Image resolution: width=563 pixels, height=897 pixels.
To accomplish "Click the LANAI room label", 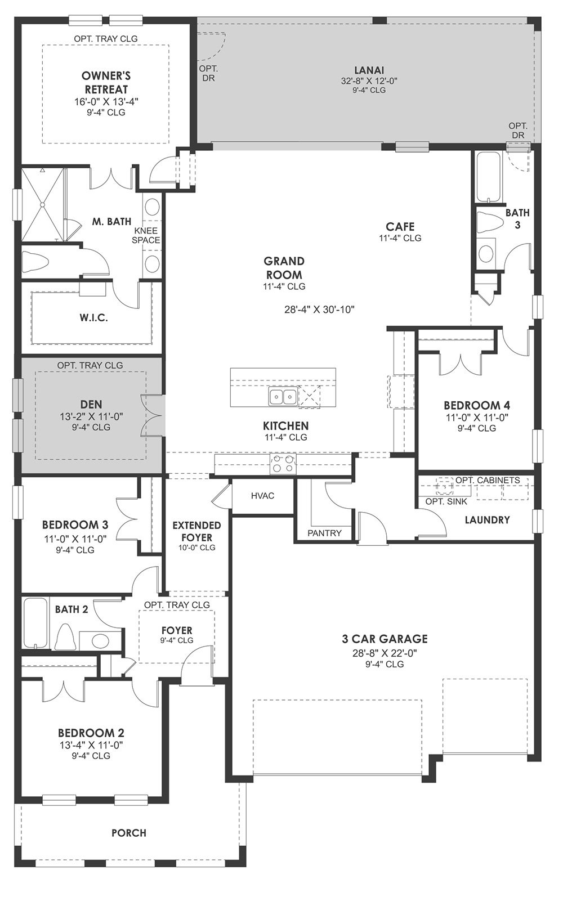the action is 369,70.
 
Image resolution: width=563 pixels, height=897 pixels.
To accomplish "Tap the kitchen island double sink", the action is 283,397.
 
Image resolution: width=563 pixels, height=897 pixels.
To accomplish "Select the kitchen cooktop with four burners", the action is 283,464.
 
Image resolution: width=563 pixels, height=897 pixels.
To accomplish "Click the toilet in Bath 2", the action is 65,637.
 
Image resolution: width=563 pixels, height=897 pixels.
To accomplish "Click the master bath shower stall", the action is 42,205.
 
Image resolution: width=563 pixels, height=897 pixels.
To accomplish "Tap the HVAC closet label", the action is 263,496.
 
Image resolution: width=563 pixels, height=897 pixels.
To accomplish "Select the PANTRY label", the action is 325,533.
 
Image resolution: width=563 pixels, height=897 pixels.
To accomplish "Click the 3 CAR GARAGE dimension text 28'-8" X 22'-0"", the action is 385,653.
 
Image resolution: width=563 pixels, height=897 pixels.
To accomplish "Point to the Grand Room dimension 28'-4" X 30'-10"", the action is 320,310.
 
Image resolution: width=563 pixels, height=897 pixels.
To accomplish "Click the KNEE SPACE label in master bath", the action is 146,235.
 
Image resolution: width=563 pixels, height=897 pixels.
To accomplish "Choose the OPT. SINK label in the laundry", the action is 446,501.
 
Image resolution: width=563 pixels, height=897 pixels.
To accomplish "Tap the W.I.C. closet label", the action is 93,318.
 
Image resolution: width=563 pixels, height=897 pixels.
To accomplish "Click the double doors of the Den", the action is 152,415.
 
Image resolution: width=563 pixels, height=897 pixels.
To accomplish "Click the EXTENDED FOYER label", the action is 196,531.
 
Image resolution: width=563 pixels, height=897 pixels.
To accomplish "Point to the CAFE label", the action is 400,227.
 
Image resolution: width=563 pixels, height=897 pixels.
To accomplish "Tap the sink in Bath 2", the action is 100,641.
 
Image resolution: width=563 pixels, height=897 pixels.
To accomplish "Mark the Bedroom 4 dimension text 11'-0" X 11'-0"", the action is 477,418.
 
